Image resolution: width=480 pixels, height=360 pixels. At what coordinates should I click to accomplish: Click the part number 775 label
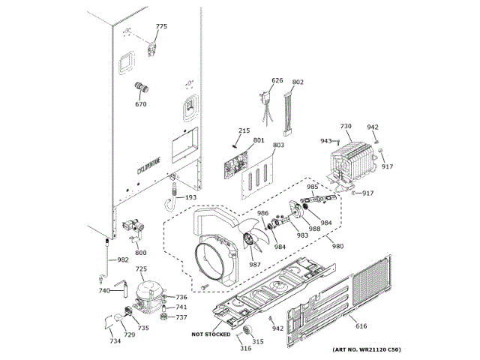coord(161,27)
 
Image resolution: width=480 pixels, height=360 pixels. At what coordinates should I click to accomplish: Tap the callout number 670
coord(141,104)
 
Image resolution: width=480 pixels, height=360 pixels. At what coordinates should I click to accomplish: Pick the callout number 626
coord(277,81)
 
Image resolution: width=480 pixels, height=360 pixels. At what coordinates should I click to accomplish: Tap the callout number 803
coord(278,145)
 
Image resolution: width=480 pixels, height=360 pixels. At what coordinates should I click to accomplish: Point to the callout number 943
coord(326,141)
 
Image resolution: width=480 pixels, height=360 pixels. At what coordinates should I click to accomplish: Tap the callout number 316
coord(244,349)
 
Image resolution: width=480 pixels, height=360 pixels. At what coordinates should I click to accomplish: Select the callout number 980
coord(337,247)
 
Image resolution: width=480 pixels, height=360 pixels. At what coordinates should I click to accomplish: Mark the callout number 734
coord(115,342)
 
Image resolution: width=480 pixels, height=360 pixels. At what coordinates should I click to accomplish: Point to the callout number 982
coord(122,259)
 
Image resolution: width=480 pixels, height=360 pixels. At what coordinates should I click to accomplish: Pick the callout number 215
coord(244,131)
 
